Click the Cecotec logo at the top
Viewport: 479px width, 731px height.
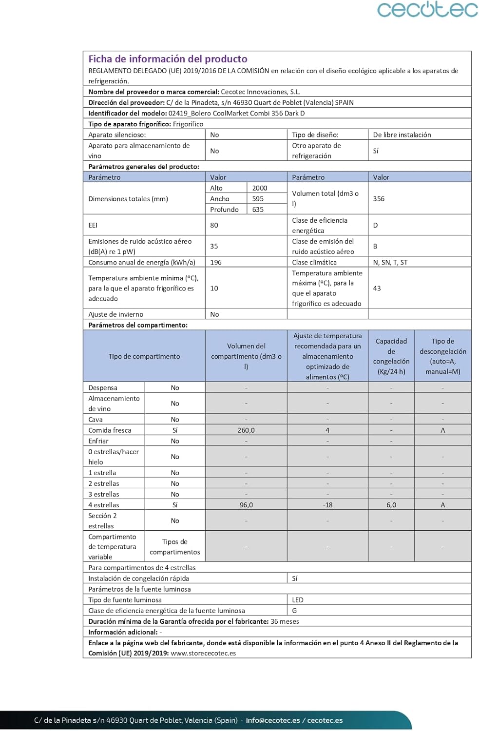pos(427,10)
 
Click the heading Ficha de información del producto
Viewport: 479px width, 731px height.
pos(168,59)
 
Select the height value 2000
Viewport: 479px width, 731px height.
pos(260,188)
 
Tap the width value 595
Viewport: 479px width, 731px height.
pos(258,199)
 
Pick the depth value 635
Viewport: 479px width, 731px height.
pos(258,210)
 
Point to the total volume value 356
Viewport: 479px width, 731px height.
pos(379,199)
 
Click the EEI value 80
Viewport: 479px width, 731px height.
pos(214,225)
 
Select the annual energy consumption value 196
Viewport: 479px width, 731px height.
pos(215,262)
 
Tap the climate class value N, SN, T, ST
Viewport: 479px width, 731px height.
pos(390,262)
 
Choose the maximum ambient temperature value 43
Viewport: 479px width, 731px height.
pos(377,289)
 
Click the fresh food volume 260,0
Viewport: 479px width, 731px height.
pos(246,430)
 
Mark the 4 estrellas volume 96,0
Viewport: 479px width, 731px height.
pos(246,505)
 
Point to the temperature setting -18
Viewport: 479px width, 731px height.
pos(327,505)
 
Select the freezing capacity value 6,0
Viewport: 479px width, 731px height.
pos(391,505)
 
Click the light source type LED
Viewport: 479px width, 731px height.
pos(297,600)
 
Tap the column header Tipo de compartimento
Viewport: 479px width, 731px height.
pos(144,356)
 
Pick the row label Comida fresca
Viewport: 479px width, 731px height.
pos(110,430)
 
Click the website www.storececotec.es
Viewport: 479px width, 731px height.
pos(203,653)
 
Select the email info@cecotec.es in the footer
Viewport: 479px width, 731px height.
pos(273,720)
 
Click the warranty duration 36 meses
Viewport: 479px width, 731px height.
pos(285,621)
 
